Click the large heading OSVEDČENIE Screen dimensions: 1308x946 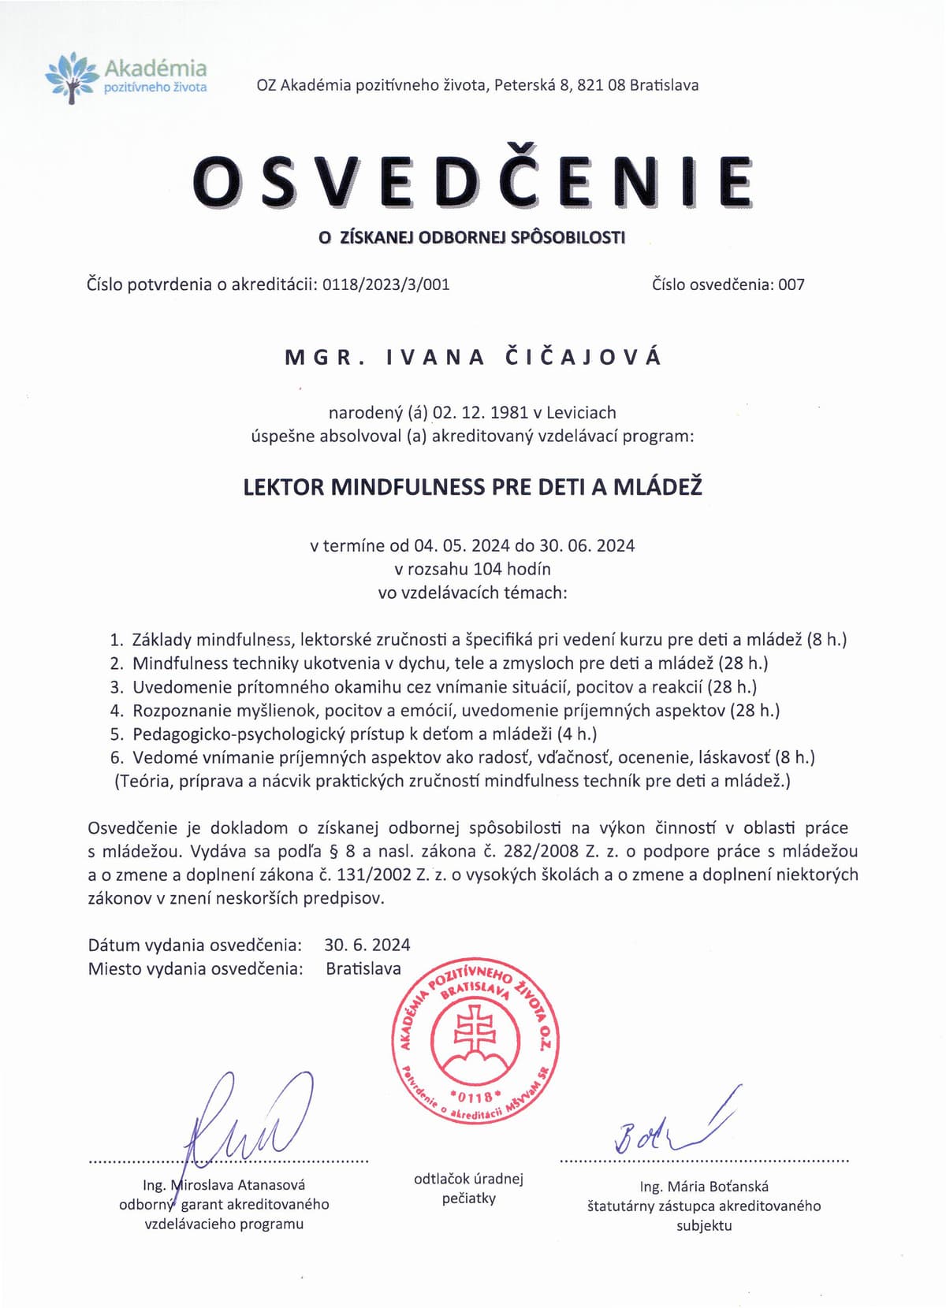pyautogui.click(x=473, y=181)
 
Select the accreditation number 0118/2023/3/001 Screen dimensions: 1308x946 pyautogui.click(x=386, y=284)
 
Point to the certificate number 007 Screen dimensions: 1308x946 pyautogui.click(x=791, y=284)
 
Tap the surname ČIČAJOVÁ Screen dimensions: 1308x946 pyautogui.click(x=583, y=357)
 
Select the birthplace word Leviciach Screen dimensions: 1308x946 pyautogui.click(x=581, y=412)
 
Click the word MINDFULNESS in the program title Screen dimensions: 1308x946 pyautogui.click(x=408, y=487)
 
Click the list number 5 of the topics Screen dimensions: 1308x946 pyautogui.click(x=117, y=734)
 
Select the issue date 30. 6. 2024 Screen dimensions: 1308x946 pyautogui.click(x=367, y=945)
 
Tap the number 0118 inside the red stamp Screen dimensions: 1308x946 pyautogui.click(x=475, y=1096)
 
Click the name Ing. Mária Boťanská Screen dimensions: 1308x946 pyautogui.click(x=704, y=1186)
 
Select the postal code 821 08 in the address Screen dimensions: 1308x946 pyautogui.click(x=601, y=85)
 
